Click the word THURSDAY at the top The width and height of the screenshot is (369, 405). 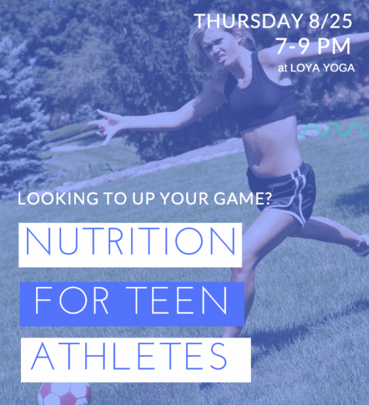(248, 21)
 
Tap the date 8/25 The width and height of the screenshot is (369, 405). (330, 21)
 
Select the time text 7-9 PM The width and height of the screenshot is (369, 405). (313, 46)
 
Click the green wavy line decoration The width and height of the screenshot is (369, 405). (335, 129)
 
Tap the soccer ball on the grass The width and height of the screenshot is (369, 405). (64, 394)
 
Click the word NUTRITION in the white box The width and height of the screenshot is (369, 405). (130, 241)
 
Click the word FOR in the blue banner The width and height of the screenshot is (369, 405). (71, 300)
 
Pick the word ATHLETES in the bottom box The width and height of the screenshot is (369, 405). (128, 357)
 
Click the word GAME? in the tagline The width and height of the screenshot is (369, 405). (242, 199)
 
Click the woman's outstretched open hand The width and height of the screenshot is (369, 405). (107, 126)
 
